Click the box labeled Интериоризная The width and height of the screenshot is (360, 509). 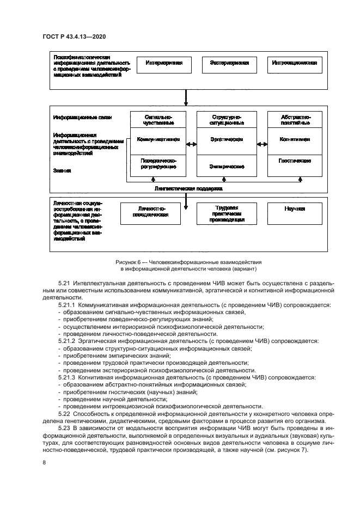click(163, 64)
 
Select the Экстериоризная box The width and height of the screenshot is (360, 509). click(229, 64)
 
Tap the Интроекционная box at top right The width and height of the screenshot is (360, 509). click(295, 64)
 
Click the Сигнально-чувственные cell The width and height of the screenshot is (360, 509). click(158, 120)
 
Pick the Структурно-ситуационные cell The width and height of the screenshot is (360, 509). click(227, 120)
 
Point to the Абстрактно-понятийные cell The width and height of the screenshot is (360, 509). click(295, 120)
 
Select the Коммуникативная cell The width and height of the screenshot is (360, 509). click(158, 140)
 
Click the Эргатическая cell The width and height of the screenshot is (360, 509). click(227, 140)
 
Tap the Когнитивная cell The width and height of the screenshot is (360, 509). click(295, 140)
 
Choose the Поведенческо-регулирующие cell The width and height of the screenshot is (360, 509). click(158, 165)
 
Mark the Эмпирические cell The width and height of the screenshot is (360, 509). click(227, 166)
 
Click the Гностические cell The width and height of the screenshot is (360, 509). click(295, 162)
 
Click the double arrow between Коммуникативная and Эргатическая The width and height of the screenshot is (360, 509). click(192, 144)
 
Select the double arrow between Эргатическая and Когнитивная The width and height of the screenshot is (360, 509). click(262, 144)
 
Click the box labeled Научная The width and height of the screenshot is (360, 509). click(295, 209)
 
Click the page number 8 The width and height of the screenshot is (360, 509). click(44, 463)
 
